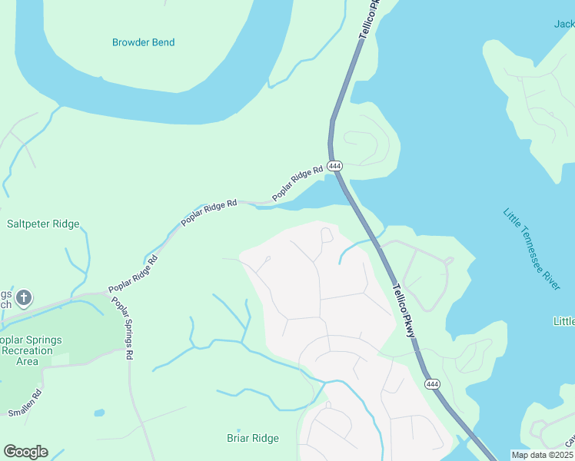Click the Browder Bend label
click(143, 42)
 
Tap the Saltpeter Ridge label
click(43, 224)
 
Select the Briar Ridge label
click(252, 439)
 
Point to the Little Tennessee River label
click(531, 248)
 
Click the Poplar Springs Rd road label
click(126, 328)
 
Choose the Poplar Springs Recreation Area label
click(31, 350)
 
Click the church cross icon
click(24, 297)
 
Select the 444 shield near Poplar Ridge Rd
click(334, 166)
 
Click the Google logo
click(25, 452)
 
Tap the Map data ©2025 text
click(541, 455)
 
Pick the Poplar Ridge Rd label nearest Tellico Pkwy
click(297, 184)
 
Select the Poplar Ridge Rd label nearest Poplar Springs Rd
click(133, 273)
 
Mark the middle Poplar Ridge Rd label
click(208, 212)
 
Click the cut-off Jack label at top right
click(563, 24)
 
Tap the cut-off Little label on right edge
click(563, 320)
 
